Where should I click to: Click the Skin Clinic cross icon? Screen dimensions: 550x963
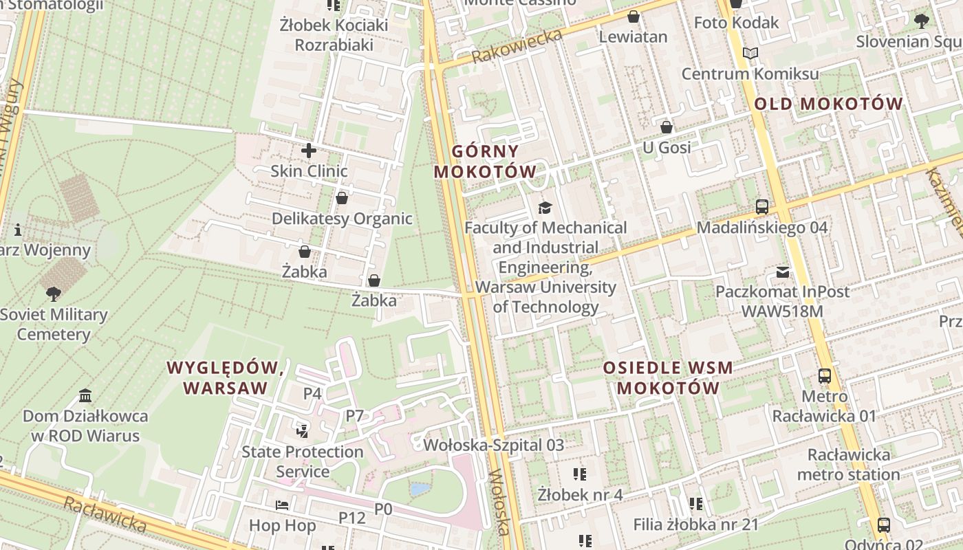pyautogui.click(x=309, y=150)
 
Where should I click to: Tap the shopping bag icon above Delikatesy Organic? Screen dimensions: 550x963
pyautogui.click(x=342, y=198)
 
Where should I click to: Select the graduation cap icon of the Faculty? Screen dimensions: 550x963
pyautogui.click(x=545, y=207)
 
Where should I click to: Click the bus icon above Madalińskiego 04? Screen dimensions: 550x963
pyautogui.click(x=761, y=206)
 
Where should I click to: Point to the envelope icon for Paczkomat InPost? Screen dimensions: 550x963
pyautogui.click(x=783, y=272)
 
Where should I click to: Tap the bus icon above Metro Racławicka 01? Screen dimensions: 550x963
pyautogui.click(x=824, y=376)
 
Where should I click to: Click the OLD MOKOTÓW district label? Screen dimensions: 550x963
pyautogui.click(x=828, y=104)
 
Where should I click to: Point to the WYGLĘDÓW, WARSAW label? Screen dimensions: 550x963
pyautogui.click(x=226, y=377)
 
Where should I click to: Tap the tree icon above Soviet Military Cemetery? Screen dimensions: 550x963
pyautogui.click(x=53, y=294)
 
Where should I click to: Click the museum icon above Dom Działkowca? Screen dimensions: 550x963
pyautogui.click(x=85, y=396)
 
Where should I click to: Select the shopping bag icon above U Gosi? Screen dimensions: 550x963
pyautogui.click(x=666, y=127)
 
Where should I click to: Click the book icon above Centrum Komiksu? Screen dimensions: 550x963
pyautogui.click(x=750, y=54)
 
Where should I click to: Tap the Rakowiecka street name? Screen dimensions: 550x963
pyautogui.click(x=518, y=47)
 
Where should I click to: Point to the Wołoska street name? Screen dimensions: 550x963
pyautogui.click(x=500, y=502)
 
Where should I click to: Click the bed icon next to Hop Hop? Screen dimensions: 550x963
pyautogui.click(x=282, y=505)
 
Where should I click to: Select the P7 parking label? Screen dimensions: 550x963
pyautogui.click(x=354, y=415)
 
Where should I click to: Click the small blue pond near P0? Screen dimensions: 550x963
pyautogui.click(x=420, y=489)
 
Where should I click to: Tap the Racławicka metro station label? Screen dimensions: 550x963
pyautogui.click(x=848, y=465)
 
